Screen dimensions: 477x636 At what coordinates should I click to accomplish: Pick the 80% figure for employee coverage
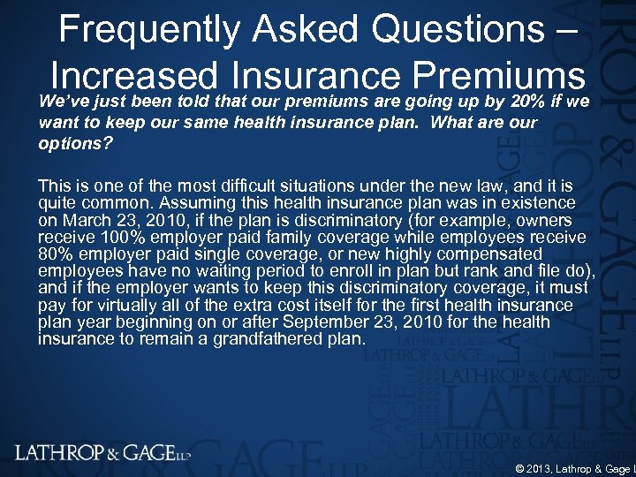point(57,254)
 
